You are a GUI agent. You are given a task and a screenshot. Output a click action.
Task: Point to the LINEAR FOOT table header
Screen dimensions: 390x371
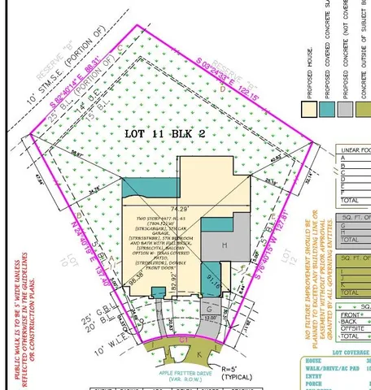(352, 149)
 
